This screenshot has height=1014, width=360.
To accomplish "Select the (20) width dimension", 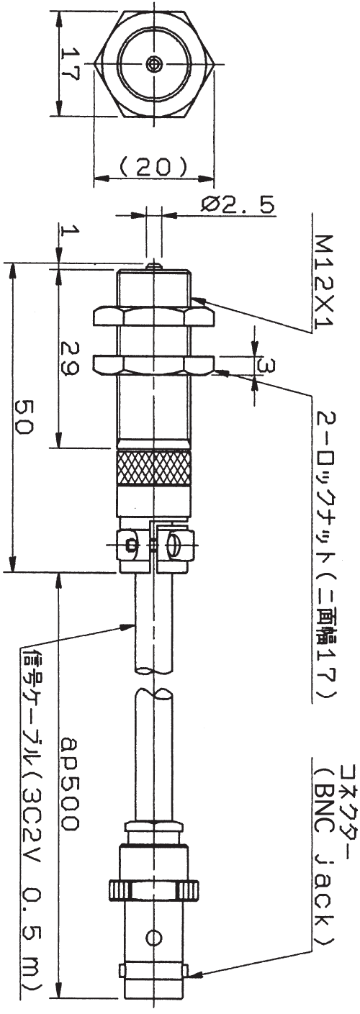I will tap(154, 167).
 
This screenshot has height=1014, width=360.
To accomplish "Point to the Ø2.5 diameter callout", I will tap(237, 205).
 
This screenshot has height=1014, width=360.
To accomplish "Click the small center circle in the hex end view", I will tap(153, 63).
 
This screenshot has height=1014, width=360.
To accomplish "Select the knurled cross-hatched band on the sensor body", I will tap(153, 469).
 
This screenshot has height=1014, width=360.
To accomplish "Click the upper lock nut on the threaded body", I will tap(153, 316).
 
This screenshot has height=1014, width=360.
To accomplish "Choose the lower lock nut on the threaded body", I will tap(153, 365).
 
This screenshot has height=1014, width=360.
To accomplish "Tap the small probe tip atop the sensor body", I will tap(153, 266).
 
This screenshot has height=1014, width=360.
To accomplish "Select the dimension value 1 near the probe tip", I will tap(70, 232).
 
